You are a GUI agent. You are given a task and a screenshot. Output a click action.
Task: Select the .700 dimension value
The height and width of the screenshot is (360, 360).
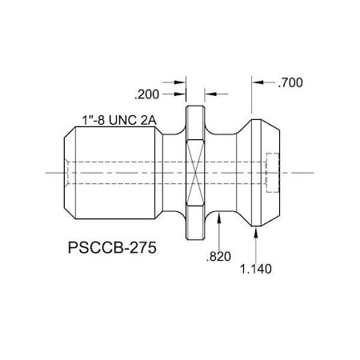click(291, 82)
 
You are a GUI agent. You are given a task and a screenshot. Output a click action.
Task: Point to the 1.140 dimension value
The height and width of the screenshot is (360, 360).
click(256, 269)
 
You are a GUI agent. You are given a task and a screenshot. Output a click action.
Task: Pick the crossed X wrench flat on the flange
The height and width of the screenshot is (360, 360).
click(196, 171)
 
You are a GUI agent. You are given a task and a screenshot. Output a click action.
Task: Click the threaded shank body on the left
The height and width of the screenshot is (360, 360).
click(112, 171)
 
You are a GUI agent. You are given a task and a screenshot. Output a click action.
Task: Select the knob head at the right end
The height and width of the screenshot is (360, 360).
click(264, 171)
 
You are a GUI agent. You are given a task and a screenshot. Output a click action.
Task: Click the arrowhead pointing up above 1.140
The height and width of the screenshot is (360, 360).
click(255, 232)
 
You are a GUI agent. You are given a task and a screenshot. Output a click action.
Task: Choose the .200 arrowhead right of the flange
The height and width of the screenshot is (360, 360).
click(210, 93)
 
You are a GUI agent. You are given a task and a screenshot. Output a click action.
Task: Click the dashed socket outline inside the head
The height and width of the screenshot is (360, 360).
click(271, 171)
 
